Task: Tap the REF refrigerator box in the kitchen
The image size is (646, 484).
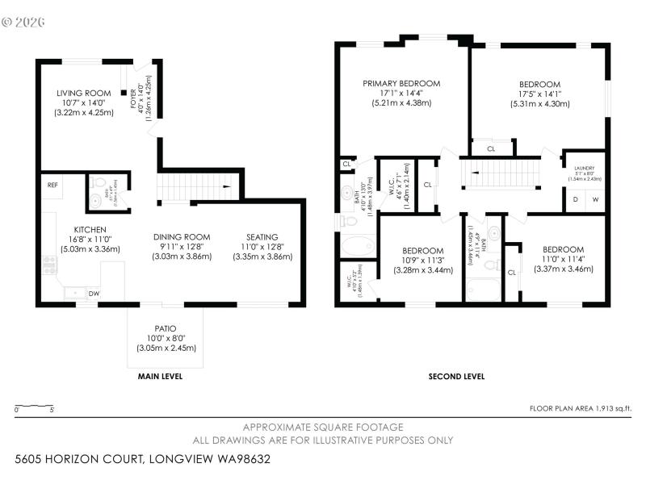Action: (52, 185)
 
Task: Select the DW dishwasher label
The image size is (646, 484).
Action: (94, 294)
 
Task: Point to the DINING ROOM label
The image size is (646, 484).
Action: (182, 236)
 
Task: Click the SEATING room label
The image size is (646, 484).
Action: (262, 236)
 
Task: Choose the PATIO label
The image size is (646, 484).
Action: (166, 328)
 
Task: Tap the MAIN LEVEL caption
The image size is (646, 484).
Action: (160, 376)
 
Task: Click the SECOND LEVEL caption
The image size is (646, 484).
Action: (456, 376)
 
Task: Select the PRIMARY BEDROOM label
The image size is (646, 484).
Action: (401, 83)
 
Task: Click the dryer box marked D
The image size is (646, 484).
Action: (575, 198)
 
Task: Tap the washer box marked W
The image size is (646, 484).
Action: (596, 198)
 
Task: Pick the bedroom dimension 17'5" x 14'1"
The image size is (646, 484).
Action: (539, 94)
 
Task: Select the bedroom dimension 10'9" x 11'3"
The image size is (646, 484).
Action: (423, 260)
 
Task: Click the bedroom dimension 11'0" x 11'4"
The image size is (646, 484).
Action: (564, 259)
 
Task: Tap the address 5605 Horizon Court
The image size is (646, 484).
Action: (141, 459)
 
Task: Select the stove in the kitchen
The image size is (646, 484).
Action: (49, 264)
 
